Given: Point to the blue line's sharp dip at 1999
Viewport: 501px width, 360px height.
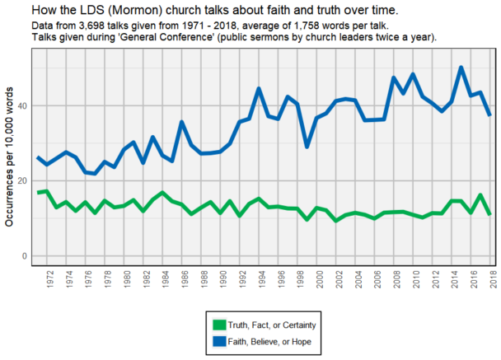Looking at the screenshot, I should click(x=307, y=147).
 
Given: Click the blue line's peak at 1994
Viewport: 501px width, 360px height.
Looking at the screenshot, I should click(x=259, y=88).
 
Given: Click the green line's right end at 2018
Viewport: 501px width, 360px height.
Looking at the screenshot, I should click(x=489, y=214).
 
